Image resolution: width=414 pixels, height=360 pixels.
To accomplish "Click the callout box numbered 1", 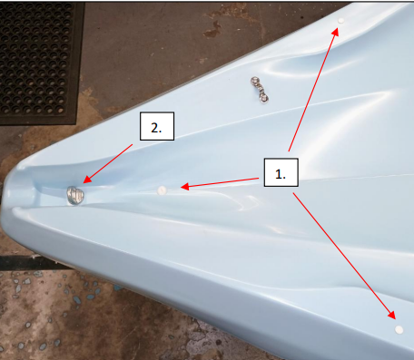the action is (x=281, y=172).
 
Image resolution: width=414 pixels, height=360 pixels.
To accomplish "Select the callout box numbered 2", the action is (x=157, y=126).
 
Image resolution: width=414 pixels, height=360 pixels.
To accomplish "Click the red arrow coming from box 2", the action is (x=108, y=163).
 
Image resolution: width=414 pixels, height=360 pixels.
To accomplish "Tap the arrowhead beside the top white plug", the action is (x=335, y=32).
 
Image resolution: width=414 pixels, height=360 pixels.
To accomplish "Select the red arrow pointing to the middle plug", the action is (x=220, y=183).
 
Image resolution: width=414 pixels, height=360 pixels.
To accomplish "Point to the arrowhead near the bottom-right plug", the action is (x=391, y=315).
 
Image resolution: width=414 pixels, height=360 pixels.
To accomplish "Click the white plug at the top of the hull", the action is (x=341, y=21).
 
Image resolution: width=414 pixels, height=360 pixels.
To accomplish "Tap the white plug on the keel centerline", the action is (x=162, y=190).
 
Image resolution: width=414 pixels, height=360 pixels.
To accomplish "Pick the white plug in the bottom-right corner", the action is (x=399, y=329).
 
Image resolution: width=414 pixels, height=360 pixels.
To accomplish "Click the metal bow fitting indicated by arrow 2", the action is (x=75, y=195).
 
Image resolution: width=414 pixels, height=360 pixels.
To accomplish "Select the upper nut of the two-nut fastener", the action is (x=255, y=81).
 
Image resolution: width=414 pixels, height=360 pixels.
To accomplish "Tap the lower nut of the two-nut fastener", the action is (x=264, y=98).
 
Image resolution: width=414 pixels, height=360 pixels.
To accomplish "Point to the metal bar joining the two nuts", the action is (x=260, y=89).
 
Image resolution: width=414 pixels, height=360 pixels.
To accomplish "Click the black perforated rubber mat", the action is (x=39, y=63).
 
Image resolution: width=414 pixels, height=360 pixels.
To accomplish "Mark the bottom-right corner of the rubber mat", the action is (x=75, y=124).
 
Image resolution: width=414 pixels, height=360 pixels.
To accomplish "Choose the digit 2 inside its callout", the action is (x=154, y=128).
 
